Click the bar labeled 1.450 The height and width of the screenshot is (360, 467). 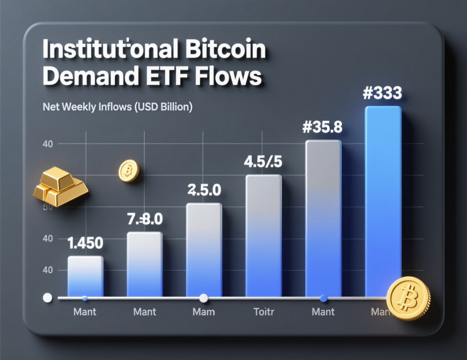tap(85, 276)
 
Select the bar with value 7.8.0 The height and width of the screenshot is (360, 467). tap(144, 264)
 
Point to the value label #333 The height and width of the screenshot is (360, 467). tap(383, 93)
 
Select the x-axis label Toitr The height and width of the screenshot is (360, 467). tap(263, 312)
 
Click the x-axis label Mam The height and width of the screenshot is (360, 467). tap(204, 312)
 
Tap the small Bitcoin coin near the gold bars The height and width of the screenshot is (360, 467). tap(128, 171)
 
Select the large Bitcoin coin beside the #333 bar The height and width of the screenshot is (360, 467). tap(408, 299)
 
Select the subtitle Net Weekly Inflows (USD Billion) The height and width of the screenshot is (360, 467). tap(117, 108)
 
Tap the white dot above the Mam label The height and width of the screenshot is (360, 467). tap(204, 298)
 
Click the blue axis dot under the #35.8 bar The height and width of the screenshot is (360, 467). tap(323, 298)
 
